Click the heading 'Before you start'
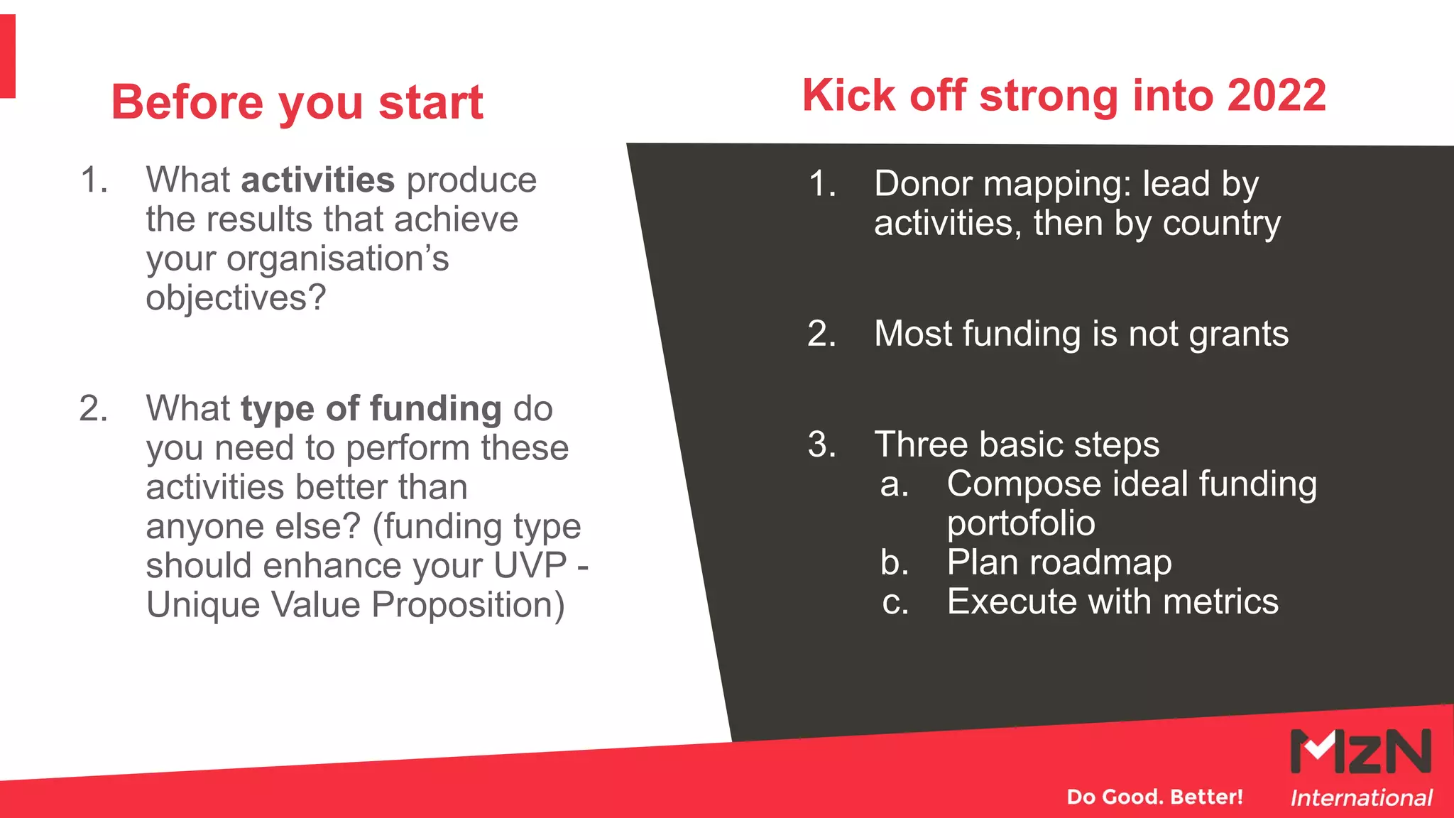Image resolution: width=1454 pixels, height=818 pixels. (x=297, y=102)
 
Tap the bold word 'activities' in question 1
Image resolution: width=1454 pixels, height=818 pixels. (x=317, y=180)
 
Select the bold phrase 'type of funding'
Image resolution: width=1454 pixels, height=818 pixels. (x=371, y=409)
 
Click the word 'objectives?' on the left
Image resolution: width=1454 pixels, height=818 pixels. (x=236, y=298)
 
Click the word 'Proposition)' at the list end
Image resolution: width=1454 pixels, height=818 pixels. (x=468, y=606)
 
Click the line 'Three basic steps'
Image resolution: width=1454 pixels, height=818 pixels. (x=1016, y=445)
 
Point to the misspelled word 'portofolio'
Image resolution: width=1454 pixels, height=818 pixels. (x=1020, y=524)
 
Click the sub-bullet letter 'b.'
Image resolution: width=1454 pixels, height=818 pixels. (x=895, y=563)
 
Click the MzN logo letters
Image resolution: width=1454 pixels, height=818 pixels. (x=1360, y=751)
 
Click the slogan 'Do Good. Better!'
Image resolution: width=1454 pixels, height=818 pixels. (x=1154, y=797)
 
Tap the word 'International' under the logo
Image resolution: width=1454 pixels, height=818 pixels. (x=1360, y=798)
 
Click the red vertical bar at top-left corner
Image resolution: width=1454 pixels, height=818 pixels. (x=7, y=57)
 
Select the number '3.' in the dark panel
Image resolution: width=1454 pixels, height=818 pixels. (x=821, y=445)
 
